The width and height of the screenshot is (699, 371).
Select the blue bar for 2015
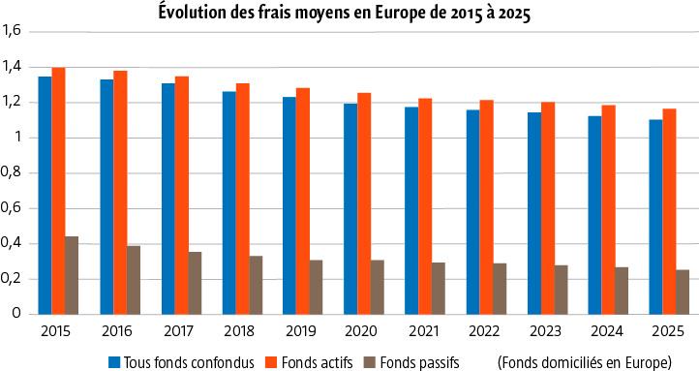[x=45, y=195]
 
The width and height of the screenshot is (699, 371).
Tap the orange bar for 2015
[x=59, y=191]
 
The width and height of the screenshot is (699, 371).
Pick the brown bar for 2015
[x=73, y=275]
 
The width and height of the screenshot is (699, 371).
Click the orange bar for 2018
[x=242, y=199]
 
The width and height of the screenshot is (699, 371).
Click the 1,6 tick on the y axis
[x=13, y=32]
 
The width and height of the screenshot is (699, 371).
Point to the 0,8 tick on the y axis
[x=13, y=173]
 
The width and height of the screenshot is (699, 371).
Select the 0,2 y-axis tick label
[x=13, y=279]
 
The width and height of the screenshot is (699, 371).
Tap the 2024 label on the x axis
[x=606, y=330]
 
